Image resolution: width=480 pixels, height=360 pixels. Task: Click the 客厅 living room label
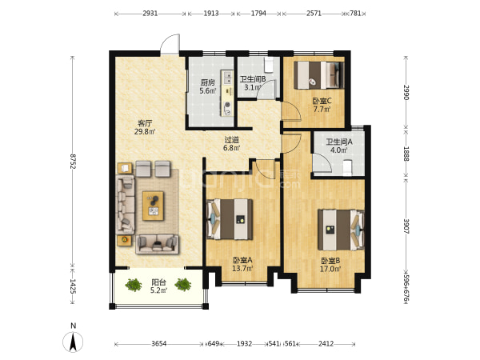click(145, 124)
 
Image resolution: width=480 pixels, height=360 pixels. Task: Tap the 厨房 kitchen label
click(207, 82)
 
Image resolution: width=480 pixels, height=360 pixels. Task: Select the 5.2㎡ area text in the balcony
click(158, 290)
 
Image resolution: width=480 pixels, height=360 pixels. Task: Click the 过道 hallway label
click(232, 140)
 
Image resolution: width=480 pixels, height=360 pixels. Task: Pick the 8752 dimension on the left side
click(73, 162)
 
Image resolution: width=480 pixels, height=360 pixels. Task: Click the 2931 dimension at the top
click(150, 13)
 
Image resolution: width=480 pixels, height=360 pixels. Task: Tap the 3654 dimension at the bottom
click(159, 344)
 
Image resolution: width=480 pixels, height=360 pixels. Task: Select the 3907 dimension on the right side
click(406, 226)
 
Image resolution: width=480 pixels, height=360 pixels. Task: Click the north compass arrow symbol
click(73, 342)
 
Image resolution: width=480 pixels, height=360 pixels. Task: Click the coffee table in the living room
click(153, 206)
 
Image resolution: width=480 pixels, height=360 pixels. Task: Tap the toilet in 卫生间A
click(347, 168)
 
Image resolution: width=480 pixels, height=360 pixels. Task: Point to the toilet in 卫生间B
click(269, 65)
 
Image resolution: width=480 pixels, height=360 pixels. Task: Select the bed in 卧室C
click(319, 75)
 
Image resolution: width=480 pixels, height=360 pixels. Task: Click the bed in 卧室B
click(341, 230)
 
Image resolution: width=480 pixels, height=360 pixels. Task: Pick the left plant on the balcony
click(134, 285)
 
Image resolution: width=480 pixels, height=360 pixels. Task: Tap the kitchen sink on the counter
click(227, 77)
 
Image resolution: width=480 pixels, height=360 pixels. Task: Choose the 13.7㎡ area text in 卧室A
click(242, 269)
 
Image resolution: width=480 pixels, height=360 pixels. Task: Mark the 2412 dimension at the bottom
click(326, 344)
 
